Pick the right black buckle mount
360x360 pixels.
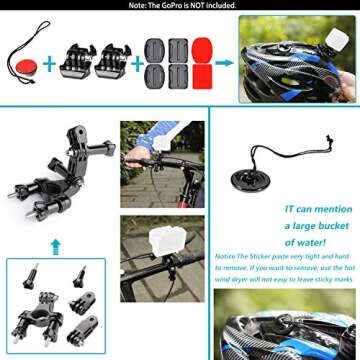pyautogui.click(x=113, y=62)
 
